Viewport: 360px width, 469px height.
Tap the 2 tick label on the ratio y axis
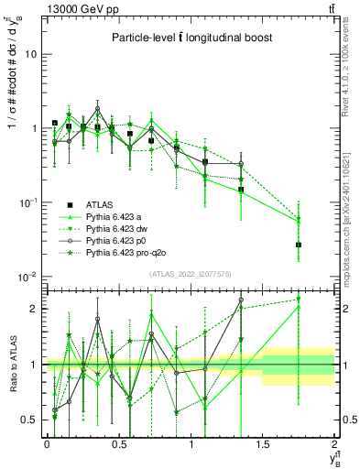[35, 309]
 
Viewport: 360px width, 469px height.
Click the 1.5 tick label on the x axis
[262, 444]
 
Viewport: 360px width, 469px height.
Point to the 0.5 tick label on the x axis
[118, 444]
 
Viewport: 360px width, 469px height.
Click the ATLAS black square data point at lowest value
[299, 245]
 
